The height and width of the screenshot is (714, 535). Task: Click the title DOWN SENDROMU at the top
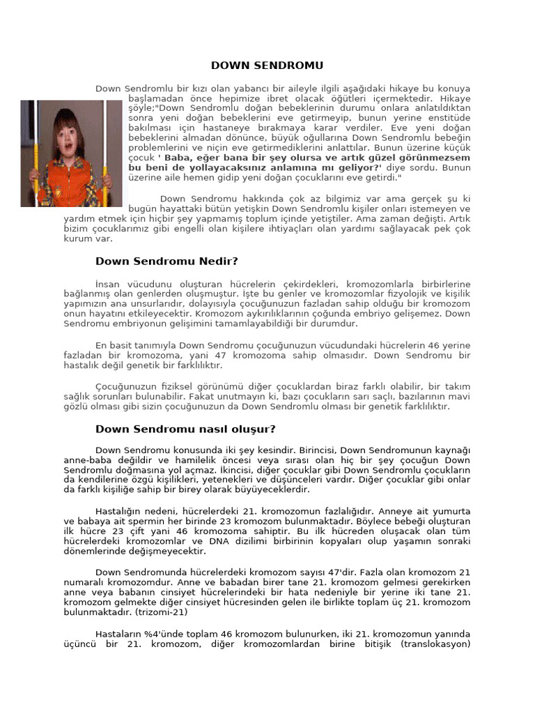267,66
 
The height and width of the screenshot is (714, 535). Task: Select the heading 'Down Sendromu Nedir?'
166,261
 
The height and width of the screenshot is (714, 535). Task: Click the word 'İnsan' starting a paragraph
107,284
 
